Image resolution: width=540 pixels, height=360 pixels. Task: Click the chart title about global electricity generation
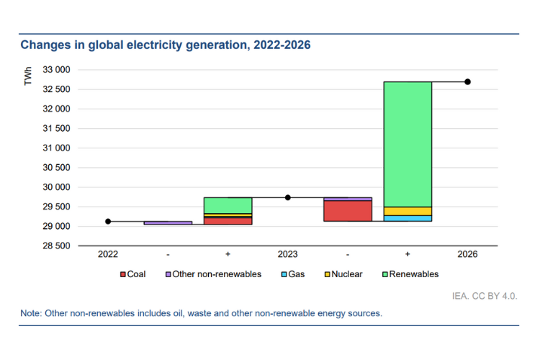(165, 45)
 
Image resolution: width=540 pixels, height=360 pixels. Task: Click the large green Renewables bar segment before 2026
(408, 144)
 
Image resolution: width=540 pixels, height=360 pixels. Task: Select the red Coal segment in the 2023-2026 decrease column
(348, 211)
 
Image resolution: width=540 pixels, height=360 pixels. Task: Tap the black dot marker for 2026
(467, 81)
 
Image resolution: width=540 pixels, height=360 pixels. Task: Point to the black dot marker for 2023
(288, 197)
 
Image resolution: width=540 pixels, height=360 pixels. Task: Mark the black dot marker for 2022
(108, 221)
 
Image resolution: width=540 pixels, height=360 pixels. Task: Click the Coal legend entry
(132, 274)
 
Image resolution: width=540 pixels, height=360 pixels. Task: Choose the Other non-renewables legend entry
(213, 274)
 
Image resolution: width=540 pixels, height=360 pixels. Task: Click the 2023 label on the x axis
(288, 255)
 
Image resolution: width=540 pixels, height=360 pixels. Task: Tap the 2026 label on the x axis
(467, 255)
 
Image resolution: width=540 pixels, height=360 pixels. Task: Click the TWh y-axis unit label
(29, 76)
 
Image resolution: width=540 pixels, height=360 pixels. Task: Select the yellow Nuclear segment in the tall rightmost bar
(408, 211)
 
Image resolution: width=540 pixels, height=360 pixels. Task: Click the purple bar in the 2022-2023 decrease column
(168, 223)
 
